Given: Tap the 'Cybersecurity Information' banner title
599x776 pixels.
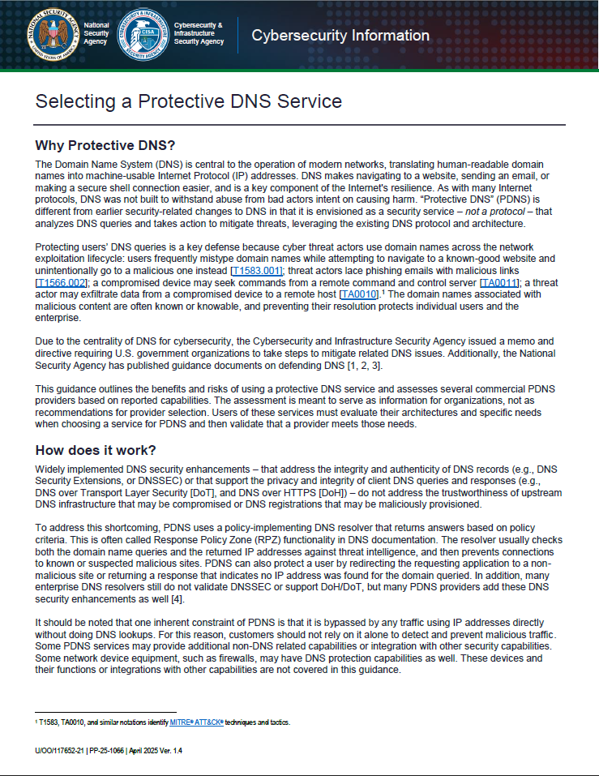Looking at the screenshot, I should (x=340, y=35).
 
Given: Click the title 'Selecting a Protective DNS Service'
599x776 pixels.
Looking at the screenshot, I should (x=188, y=101).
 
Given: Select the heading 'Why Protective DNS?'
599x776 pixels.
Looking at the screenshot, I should (x=105, y=146).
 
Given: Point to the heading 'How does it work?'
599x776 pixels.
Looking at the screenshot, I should (x=96, y=451).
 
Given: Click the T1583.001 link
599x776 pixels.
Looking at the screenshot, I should (x=257, y=269).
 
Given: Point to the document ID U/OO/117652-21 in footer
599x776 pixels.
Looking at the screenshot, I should (x=66, y=751).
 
